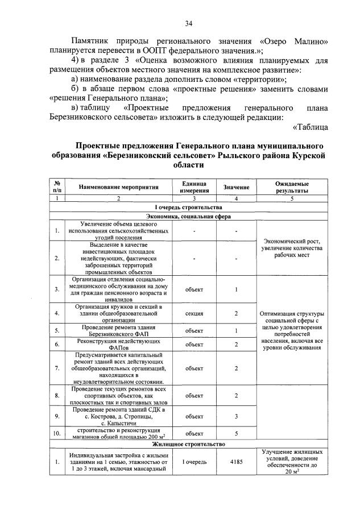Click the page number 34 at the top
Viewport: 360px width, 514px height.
(x=188, y=23)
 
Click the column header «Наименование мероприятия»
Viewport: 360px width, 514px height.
(x=118, y=186)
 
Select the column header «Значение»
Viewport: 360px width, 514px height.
(x=236, y=186)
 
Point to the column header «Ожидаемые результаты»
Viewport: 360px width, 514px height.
(x=292, y=186)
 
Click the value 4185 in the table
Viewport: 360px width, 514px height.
(x=236, y=462)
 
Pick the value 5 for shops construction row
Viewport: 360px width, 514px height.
(x=236, y=433)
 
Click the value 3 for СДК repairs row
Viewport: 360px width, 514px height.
(x=236, y=416)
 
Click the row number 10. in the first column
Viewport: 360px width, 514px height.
(x=57, y=433)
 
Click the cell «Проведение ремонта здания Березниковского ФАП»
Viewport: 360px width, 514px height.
(x=118, y=330)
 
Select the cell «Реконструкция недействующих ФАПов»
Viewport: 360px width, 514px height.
(x=118, y=345)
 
